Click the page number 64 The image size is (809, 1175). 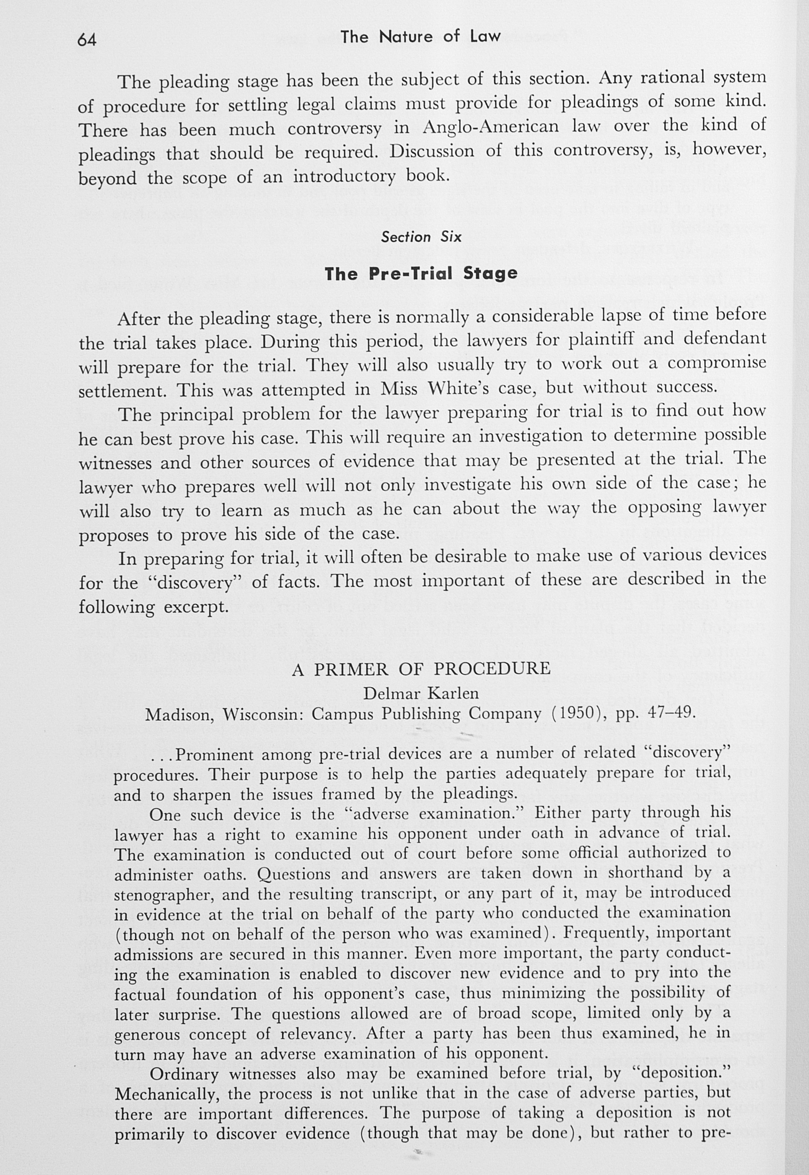coord(86,39)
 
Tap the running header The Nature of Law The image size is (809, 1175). coord(420,37)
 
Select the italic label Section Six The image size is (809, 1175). coord(421,237)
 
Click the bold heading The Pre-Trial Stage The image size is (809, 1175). coord(421,273)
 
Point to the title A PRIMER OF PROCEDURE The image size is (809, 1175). coord(421,669)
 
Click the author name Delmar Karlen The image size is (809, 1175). coord(421,692)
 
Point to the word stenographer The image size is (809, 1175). coord(164,895)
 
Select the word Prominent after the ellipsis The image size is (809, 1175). coord(214,755)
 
